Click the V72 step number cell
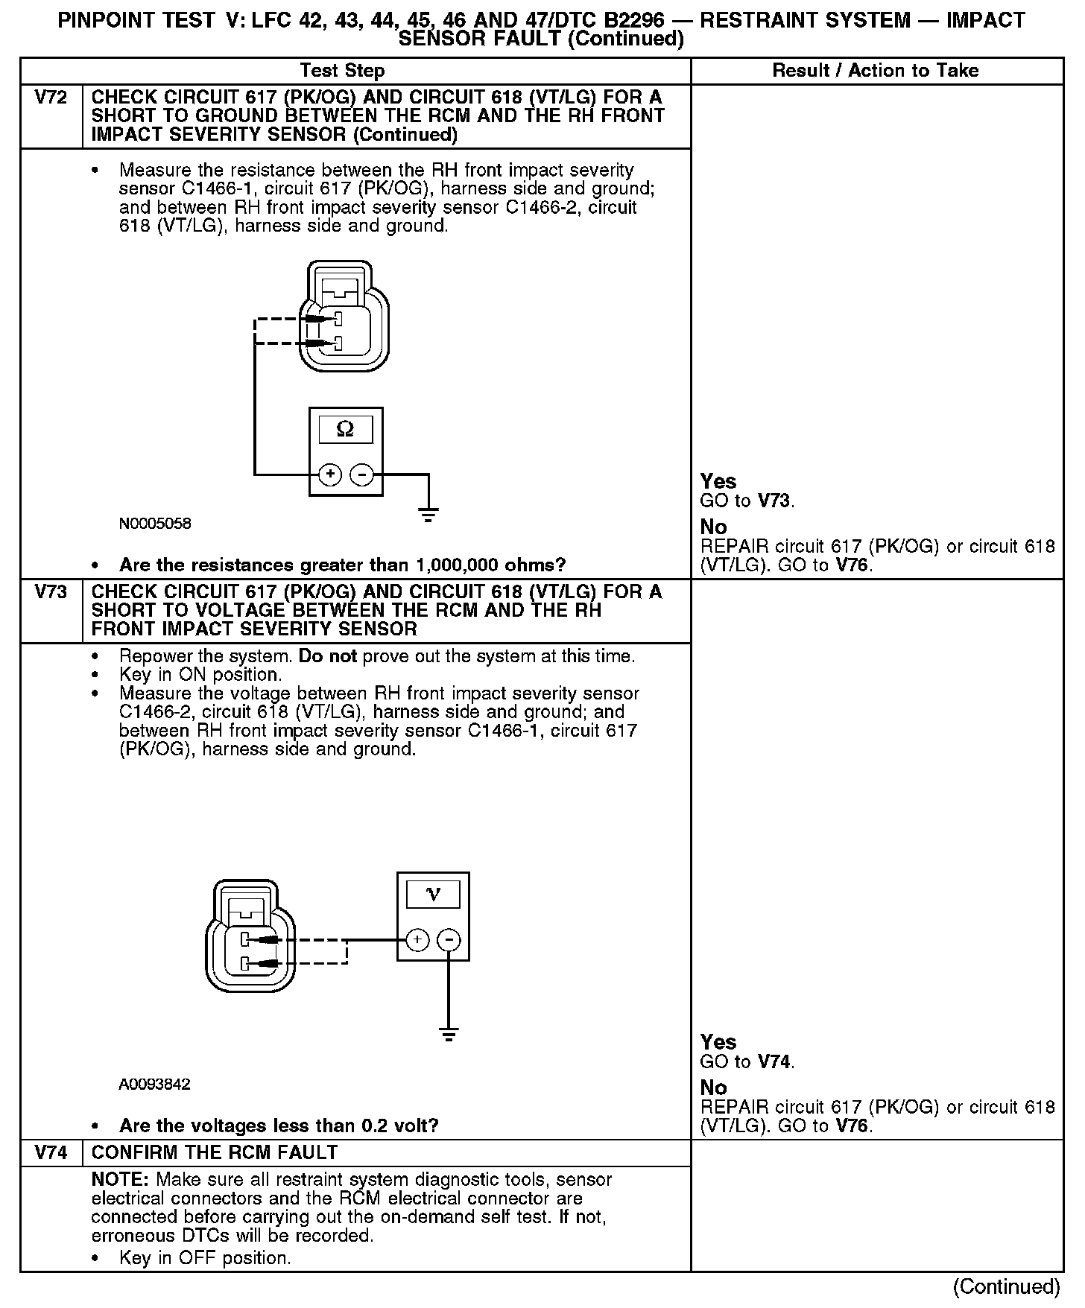point(51,98)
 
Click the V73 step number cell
point(51,593)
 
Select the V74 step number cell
point(51,1153)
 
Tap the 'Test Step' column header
point(342,71)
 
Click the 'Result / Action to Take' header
point(876,71)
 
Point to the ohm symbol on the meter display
point(345,429)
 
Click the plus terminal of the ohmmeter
point(330,474)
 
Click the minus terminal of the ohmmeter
point(362,474)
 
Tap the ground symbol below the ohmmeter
point(428,514)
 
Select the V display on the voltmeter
point(433,894)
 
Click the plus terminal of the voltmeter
point(417,940)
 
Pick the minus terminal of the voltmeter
point(449,940)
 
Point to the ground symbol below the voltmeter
point(448,1035)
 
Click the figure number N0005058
point(155,524)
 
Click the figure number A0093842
point(154,1085)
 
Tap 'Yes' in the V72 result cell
point(718,481)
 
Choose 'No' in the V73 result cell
point(713,1088)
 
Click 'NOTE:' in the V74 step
point(121,1180)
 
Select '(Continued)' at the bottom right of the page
point(1006,1286)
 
